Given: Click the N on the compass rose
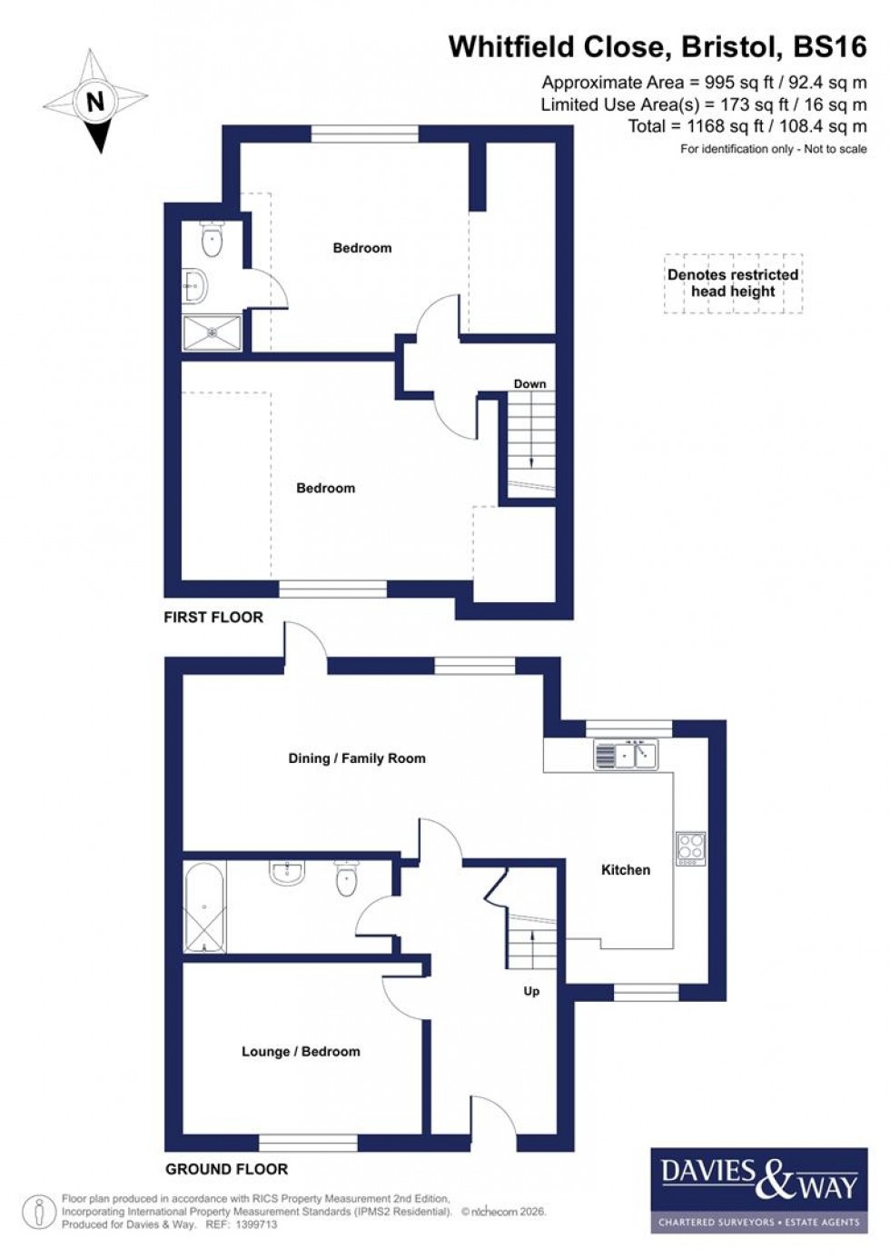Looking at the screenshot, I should click(x=95, y=99).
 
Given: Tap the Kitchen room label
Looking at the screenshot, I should click(x=626, y=869).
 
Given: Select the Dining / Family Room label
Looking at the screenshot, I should click(x=356, y=758).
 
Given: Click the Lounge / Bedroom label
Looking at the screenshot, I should click(x=301, y=1051).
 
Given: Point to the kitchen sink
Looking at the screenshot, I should click(x=625, y=755).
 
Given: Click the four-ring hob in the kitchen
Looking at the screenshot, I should click(x=690, y=848).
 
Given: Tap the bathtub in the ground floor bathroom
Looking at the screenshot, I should click(x=204, y=907).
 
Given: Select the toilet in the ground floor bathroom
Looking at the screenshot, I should click(x=346, y=878).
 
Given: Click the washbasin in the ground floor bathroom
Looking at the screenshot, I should click(x=287, y=873).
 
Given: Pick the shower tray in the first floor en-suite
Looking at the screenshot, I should click(x=213, y=332).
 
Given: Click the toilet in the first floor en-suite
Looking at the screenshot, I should click(x=213, y=241).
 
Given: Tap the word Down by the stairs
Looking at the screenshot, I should click(x=529, y=383).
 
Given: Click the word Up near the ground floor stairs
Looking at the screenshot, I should click(x=531, y=991).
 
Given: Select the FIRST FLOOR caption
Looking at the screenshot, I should click(x=213, y=617).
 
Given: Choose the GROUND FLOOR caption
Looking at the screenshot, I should click(x=226, y=1169).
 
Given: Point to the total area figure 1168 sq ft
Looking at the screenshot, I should click(x=717, y=126).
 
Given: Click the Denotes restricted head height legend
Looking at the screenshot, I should click(x=733, y=283).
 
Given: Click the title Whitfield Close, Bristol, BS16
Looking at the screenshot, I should click(x=658, y=46).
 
